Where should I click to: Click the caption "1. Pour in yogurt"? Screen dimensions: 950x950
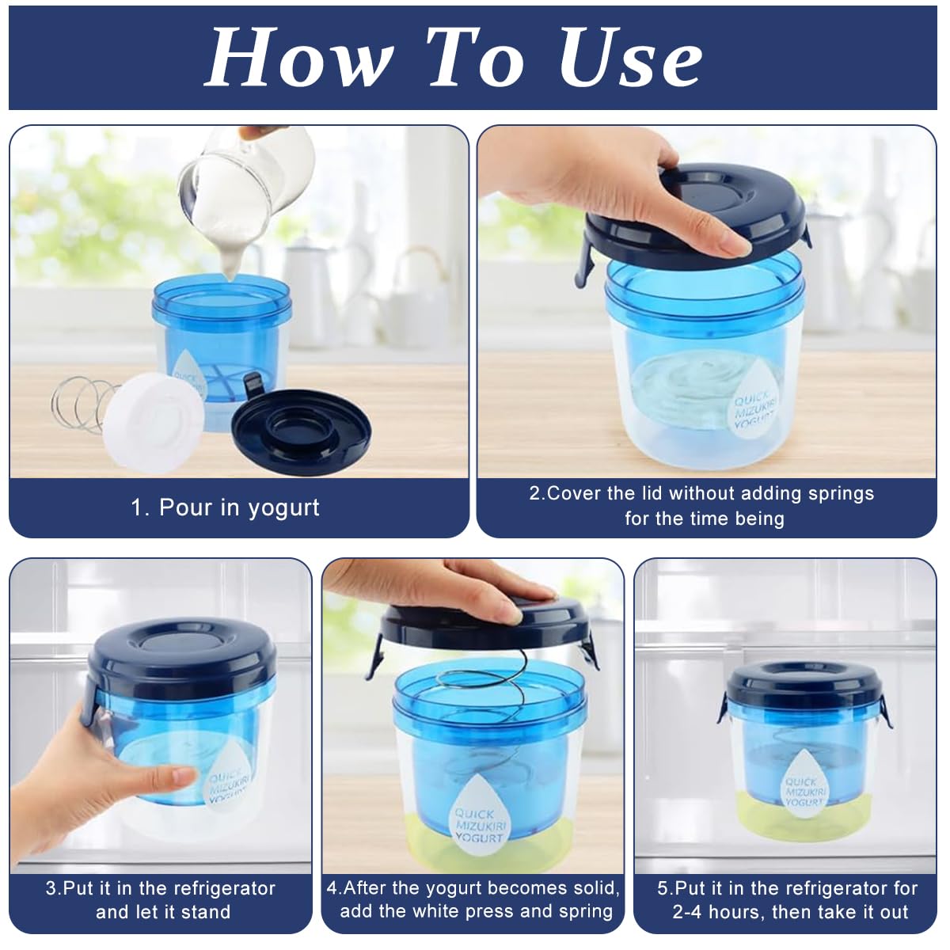(x=226, y=507)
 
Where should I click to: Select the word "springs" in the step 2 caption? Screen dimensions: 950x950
(x=841, y=493)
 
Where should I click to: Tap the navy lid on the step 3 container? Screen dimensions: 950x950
(x=182, y=653)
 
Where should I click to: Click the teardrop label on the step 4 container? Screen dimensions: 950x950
(x=479, y=819)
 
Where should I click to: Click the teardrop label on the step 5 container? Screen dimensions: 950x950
(x=804, y=784)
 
